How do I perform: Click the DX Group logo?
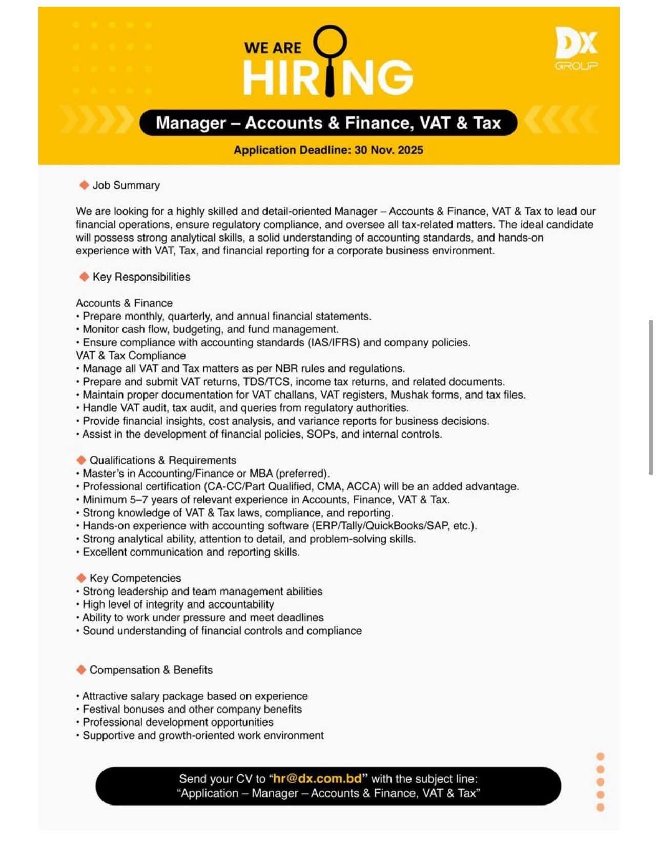click(576, 49)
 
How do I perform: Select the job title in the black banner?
click(328, 123)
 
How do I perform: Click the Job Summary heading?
click(126, 185)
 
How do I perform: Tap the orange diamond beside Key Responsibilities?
click(84, 277)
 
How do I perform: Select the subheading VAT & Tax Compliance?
click(131, 356)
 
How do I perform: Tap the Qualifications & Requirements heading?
click(163, 460)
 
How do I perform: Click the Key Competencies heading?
click(135, 578)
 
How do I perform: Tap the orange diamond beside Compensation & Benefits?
click(81, 670)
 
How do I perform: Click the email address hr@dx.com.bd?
click(318, 779)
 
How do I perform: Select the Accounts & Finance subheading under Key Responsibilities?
click(125, 303)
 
